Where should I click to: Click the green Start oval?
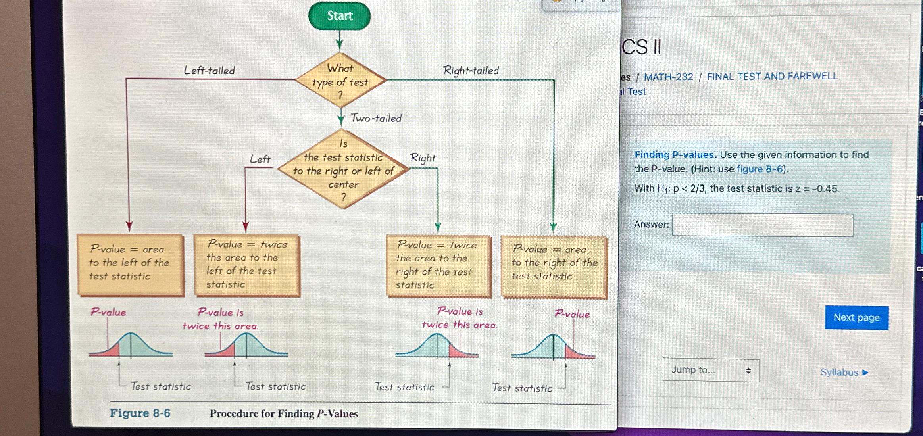(339, 16)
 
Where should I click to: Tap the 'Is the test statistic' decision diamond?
(343, 170)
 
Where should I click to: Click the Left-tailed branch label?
(209, 71)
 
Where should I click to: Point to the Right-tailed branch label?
(471, 71)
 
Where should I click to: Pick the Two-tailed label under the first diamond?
(376, 118)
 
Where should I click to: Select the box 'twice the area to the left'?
(247, 265)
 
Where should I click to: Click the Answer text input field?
(762, 225)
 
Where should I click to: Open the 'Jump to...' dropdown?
(711, 370)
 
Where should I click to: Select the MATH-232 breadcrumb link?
(668, 77)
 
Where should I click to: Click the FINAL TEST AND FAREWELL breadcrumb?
(772, 76)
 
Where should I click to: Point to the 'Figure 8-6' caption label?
(140, 413)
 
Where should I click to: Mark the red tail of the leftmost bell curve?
(112, 350)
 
